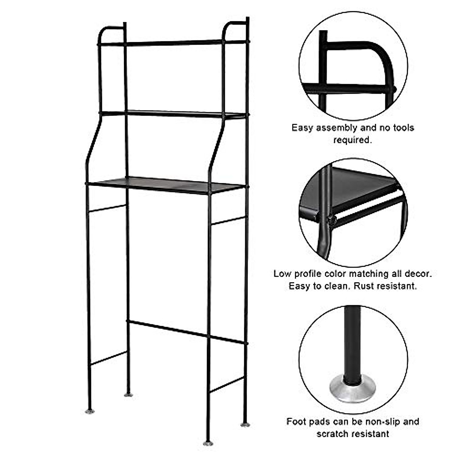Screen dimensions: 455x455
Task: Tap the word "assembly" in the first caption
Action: [338, 128]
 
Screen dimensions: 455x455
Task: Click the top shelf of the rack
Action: [173, 43]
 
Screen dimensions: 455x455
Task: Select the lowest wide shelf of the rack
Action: [167, 185]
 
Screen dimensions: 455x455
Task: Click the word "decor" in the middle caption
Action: [419, 274]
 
